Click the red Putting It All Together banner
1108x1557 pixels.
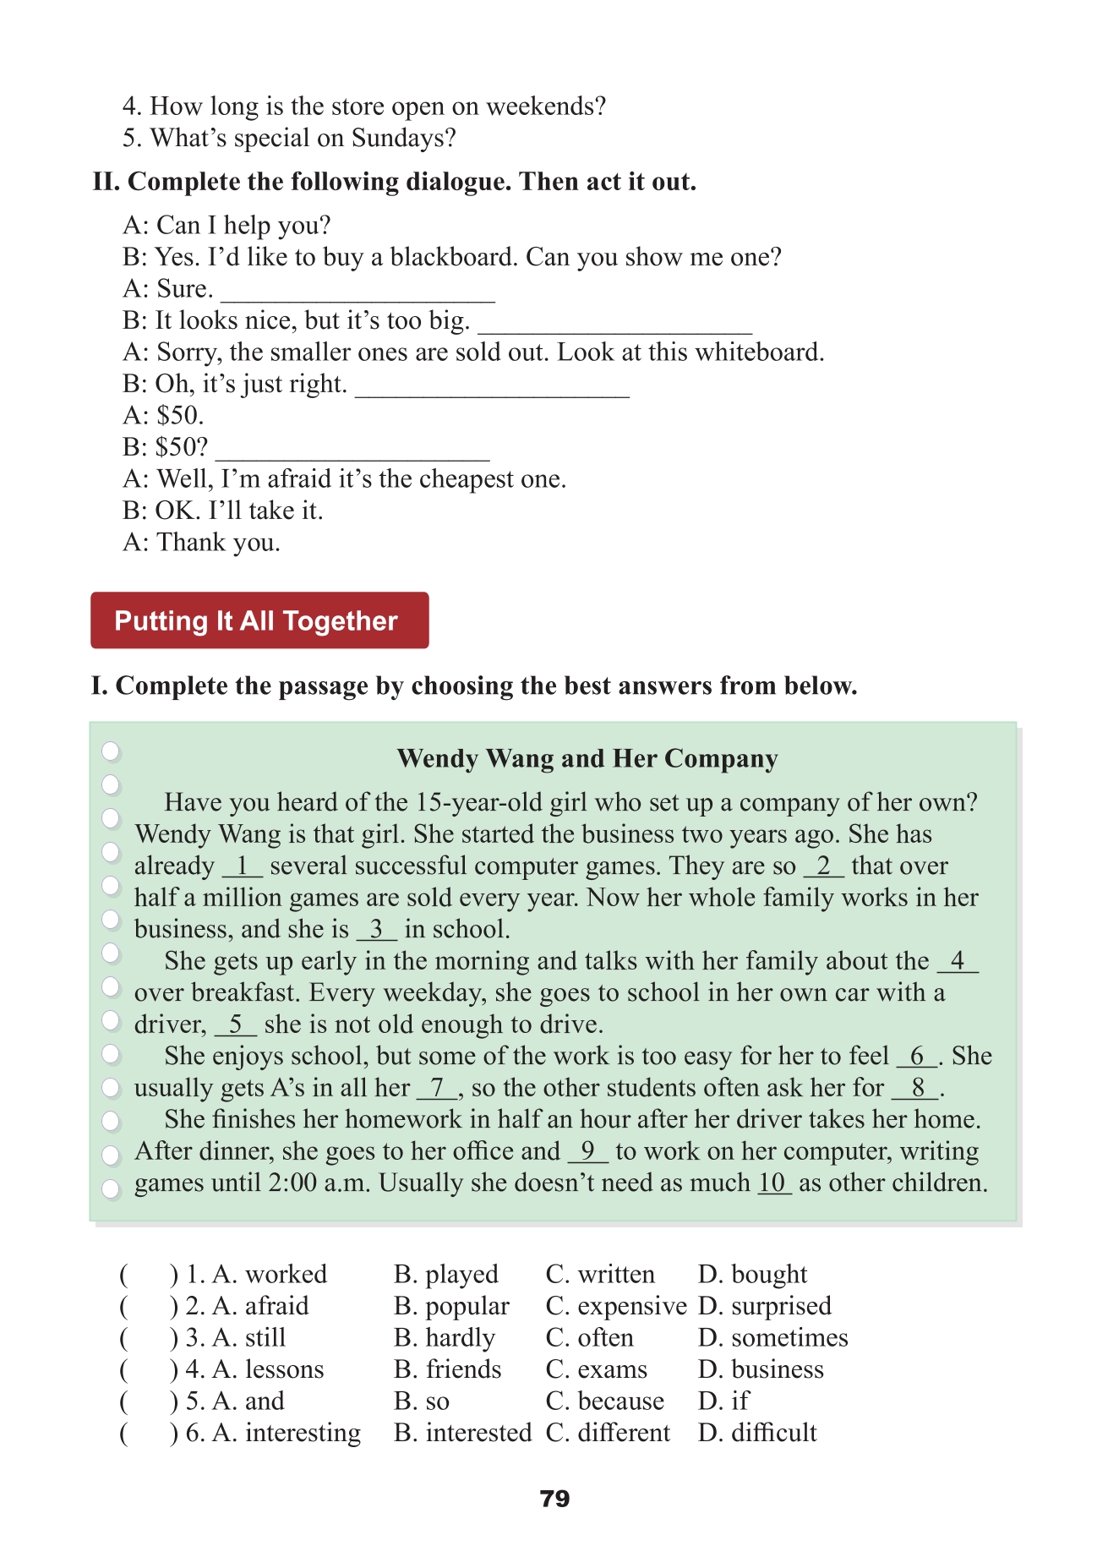coord(259,620)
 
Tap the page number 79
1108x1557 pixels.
coord(554,1499)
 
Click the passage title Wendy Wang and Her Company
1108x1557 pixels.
coord(587,758)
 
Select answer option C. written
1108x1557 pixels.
coord(600,1274)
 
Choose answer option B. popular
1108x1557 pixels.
coord(451,1306)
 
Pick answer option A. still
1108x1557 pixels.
coord(249,1337)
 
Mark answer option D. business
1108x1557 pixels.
coord(761,1369)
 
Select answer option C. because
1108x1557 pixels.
coord(605,1401)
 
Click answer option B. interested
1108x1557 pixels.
coord(462,1433)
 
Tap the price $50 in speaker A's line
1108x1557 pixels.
coord(180,415)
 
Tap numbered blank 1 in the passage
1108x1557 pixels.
coord(243,866)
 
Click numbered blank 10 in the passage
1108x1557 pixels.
coord(772,1183)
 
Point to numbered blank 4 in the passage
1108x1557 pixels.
coord(957,961)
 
